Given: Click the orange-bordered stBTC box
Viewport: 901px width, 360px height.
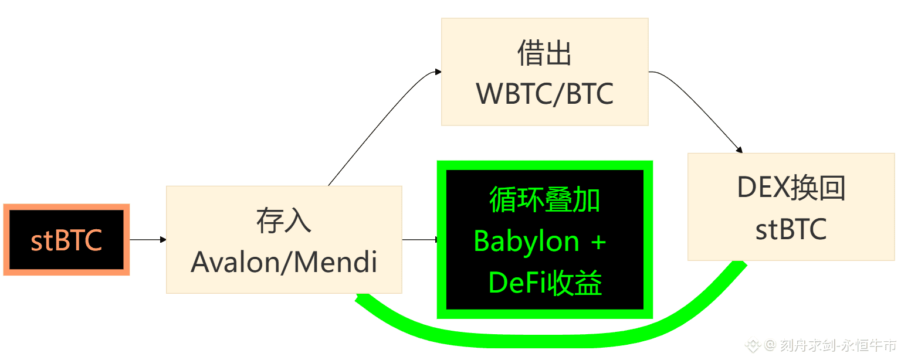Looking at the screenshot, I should tap(66, 240).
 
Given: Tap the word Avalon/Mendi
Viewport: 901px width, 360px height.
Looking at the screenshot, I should tap(284, 263).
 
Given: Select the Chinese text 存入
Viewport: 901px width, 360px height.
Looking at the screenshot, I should tap(284, 221).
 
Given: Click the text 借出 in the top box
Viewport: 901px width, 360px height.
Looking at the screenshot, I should tap(544, 54).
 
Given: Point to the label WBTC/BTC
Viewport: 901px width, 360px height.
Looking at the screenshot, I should tap(544, 93).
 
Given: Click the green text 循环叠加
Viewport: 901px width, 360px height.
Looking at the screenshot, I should tap(544, 201).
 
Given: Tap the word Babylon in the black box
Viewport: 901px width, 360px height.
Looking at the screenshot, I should tap(527, 242).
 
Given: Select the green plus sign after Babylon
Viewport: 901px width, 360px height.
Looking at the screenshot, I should tap(598, 242).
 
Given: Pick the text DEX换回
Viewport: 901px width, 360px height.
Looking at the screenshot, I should tap(791, 188).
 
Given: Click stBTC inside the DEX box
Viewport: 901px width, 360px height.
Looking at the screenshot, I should tap(791, 229).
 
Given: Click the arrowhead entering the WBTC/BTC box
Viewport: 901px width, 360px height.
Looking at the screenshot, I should tap(438, 72).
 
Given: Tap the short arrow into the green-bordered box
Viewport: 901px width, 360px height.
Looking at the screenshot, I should tap(419, 239).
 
